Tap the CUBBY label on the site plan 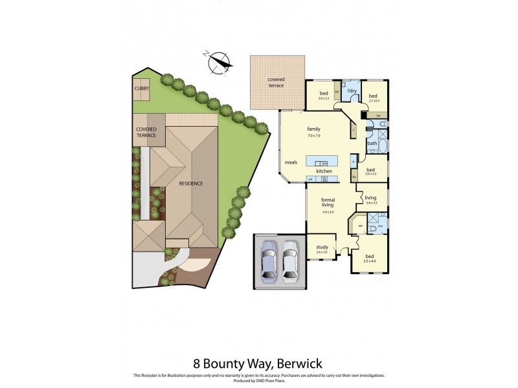141,88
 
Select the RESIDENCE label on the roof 192,183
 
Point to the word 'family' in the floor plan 313,129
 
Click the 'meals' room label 291,162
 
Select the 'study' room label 322,247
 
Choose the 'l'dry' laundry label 352,91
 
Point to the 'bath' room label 372,143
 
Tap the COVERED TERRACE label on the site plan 146,132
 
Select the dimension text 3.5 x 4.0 370,261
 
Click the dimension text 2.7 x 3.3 374,101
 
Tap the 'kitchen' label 324,171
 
